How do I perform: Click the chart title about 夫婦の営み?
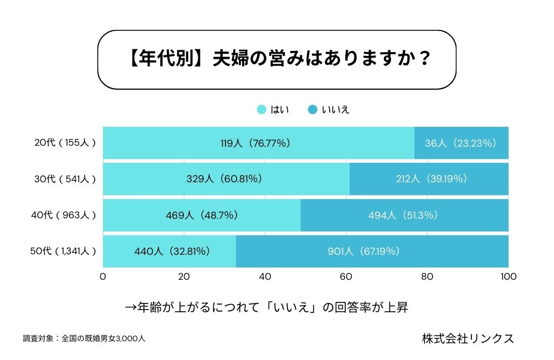pos(277,59)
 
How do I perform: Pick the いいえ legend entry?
pos(329,109)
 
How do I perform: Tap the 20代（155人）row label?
pos(65,143)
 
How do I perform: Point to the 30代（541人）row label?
pos(65,179)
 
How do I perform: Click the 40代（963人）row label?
pos(65,215)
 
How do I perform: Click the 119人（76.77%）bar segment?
pos(258,143)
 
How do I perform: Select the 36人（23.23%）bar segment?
pos(461,143)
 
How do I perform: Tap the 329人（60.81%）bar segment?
pos(226,179)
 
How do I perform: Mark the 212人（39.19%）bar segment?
pos(429,179)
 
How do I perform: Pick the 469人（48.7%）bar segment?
pos(202,215)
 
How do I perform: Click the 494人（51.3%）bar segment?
pos(404,215)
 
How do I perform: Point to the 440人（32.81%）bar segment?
pos(170,251)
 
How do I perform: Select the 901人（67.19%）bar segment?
pos(372,251)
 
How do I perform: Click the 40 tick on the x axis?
pos(265,276)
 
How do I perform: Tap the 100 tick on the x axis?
pos(508,276)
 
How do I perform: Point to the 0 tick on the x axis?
pos(103,276)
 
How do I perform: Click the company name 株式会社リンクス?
pos(467,338)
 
